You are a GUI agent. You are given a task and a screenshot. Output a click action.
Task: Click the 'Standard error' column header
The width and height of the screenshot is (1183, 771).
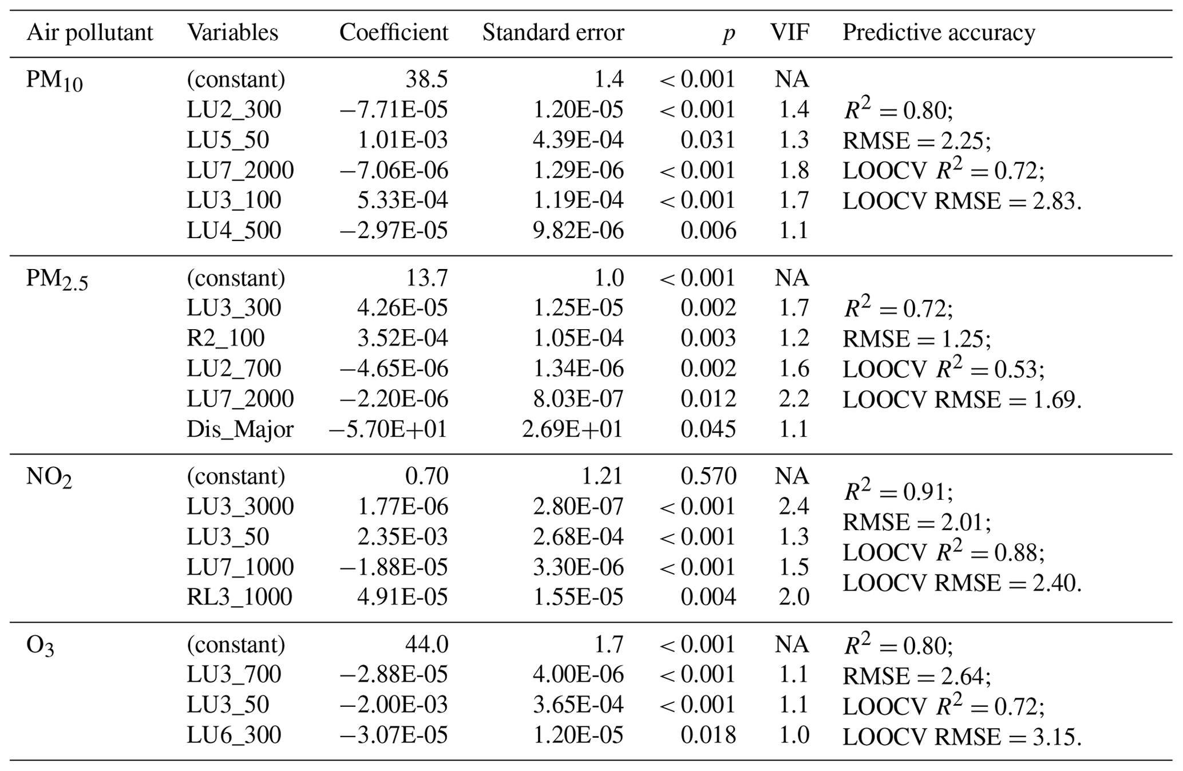point(553,33)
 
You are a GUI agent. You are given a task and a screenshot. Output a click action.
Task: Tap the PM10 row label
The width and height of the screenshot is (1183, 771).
point(54,81)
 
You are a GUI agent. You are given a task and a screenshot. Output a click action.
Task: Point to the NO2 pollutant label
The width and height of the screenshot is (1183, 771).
point(49,477)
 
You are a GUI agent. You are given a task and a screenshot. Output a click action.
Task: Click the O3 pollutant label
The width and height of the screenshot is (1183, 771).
point(40,646)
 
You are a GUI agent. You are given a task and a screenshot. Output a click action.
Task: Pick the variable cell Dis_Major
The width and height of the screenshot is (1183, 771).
point(240,429)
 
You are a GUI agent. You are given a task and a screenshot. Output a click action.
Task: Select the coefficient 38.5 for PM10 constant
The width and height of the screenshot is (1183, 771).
point(426,80)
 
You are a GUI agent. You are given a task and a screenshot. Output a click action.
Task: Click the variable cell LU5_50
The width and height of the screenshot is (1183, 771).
point(228,140)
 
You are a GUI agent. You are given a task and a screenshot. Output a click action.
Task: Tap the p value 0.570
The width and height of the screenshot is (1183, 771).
point(708,476)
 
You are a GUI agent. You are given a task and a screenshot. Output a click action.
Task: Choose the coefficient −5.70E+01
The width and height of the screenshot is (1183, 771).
point(387,429)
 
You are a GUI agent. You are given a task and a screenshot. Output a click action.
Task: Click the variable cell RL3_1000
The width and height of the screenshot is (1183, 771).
point(239,597)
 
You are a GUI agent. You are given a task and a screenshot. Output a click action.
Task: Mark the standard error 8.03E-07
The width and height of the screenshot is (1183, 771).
point(578,399)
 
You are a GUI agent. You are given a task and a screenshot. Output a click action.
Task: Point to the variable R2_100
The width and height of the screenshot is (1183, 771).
point(225,338)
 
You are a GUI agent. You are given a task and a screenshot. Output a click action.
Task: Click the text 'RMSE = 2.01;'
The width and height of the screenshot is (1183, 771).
point(916,522)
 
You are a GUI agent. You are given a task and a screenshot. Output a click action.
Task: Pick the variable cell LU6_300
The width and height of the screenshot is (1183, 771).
point(234,736)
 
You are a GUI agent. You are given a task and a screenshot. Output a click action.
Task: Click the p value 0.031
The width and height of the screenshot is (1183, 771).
point(708,140)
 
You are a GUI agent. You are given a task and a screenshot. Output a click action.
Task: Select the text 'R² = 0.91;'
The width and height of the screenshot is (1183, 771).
point(898,491)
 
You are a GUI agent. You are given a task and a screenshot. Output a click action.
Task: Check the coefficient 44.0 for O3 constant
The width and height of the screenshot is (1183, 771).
point(426,645)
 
